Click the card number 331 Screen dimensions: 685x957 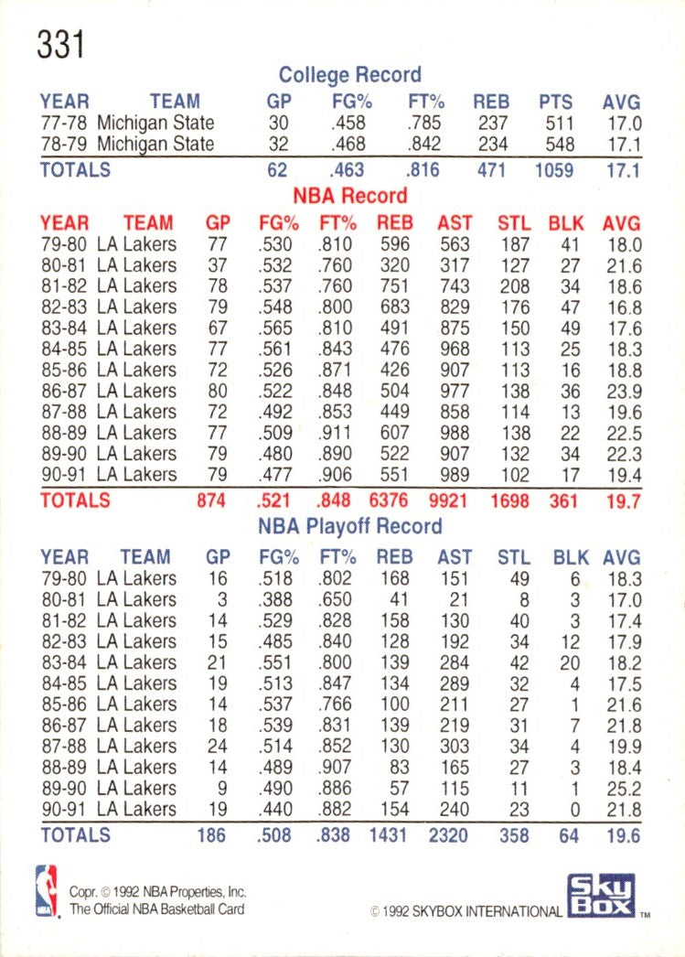coord(60,43)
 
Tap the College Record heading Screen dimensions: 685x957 coord(349,75)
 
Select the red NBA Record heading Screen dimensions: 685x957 coord(349,196)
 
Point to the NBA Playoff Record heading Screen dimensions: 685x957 coord(349,526)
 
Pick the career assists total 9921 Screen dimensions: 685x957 coord(454,500)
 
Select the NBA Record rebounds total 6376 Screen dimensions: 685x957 coord(394,500)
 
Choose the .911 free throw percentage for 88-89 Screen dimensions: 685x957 coord(334,432)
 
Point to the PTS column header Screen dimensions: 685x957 coord(555,102)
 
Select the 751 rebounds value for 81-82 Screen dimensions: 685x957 coord(394,286)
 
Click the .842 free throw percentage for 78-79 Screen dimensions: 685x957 coord(424,144)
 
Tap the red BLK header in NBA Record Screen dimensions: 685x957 coord(566,222)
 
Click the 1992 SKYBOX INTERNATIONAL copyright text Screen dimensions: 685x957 coord(466,911)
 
